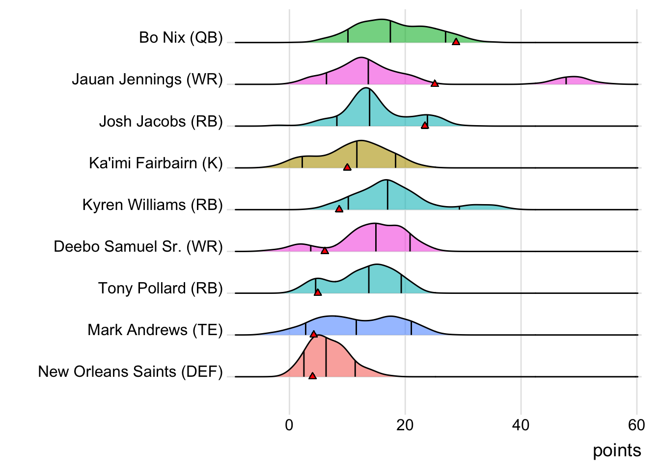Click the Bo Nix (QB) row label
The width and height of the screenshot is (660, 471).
point(181,38)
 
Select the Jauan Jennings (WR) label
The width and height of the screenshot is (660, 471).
point(147,79)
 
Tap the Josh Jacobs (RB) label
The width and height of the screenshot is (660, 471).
point(161,121)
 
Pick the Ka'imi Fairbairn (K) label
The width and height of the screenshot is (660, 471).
point(156,163)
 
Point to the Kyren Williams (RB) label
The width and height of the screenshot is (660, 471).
point(153,205)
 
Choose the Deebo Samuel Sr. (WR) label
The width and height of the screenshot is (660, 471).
point(138,246)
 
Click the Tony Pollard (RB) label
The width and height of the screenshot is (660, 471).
point(161,288)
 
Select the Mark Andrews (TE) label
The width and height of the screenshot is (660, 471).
point(155,330)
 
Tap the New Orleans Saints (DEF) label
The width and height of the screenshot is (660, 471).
point(130,371)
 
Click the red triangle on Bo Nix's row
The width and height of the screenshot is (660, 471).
point(456,42)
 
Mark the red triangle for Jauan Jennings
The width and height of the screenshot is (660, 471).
point(435,83)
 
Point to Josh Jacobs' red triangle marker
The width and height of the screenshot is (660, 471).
point(425,126)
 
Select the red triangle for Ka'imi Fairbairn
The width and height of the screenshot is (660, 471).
point(347,167)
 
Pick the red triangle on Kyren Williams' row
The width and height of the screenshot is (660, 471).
point(339,209)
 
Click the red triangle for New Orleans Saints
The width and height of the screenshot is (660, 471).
point(312,376)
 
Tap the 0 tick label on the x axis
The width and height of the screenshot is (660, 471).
point(289,425)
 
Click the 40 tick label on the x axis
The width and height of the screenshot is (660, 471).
point(521,425)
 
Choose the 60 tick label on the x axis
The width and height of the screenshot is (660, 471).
point(636,425)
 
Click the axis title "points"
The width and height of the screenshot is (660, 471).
point(617,450)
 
